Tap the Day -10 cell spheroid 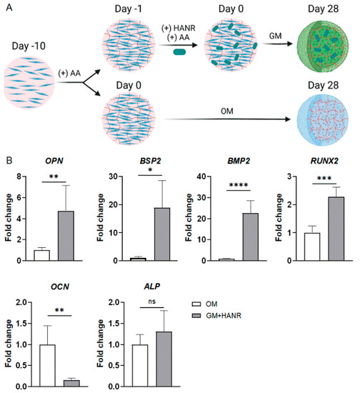(29, 84)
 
